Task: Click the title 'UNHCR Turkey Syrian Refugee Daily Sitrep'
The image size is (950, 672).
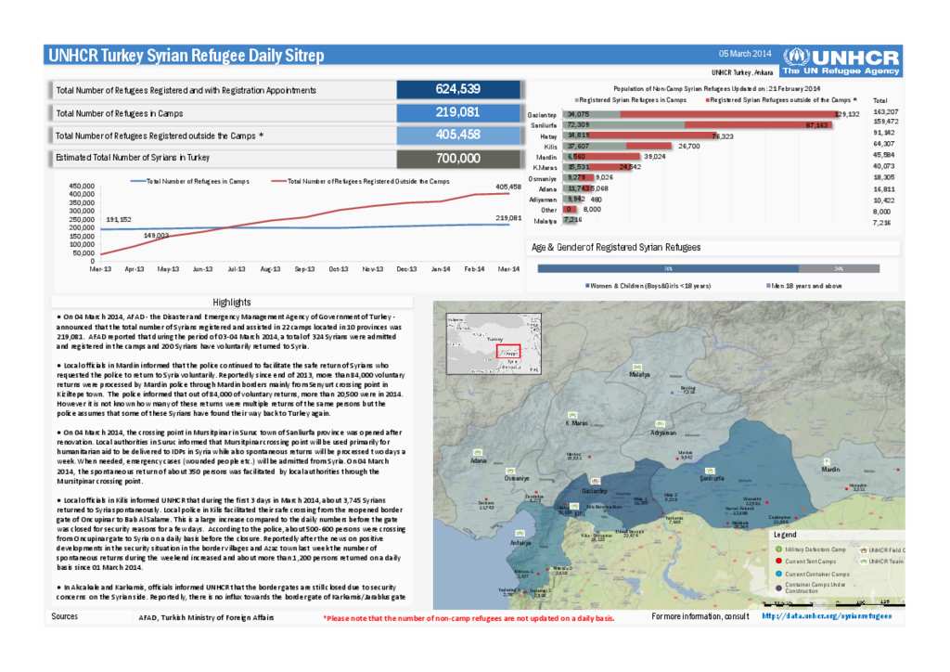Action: point(186,56)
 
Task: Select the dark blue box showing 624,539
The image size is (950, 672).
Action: point(457,89)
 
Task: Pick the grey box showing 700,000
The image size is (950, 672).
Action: point(457,159)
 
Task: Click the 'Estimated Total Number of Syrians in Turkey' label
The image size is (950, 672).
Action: point(146,159)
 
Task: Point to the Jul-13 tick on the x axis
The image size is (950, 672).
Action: point(237,268)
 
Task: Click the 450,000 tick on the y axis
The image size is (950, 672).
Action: point(83,186)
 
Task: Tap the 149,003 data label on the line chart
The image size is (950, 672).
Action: point(155,236)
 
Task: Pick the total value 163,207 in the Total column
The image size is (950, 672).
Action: point(885,111)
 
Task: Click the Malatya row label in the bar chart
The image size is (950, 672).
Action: point(545,221)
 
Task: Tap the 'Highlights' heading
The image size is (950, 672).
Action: point(231,303)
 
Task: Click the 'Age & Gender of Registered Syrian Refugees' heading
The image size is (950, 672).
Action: point(615,248)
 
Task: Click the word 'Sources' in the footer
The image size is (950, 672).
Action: point(65,616)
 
